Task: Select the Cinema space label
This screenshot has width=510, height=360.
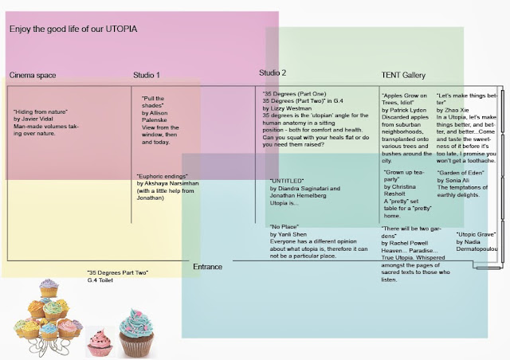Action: (x=33, y=76)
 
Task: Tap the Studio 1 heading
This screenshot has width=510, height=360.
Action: (x=147, y=76)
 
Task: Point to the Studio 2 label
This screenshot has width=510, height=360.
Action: (x=273, y=73)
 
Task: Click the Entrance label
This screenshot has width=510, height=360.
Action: (x=208, y=267)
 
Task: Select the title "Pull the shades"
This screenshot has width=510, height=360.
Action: (x=154, y=102)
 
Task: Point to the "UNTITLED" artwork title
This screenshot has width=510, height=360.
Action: (x=288, y=181)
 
